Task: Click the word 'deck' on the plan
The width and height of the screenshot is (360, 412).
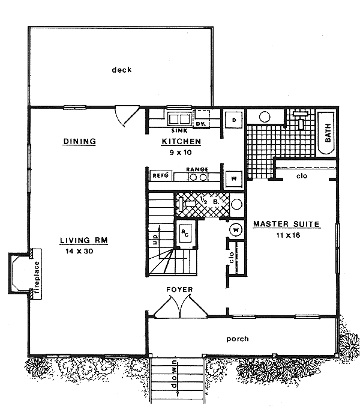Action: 121,70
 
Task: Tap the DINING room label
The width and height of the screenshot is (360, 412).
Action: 80,142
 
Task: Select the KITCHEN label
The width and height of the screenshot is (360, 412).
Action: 181,142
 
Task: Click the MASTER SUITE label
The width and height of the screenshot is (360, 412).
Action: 286,225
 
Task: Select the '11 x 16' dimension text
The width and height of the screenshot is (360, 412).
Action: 286,235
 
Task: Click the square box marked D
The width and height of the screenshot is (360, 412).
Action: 233,120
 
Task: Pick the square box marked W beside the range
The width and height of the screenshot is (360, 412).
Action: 233,178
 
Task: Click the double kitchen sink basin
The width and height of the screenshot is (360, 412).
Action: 179,118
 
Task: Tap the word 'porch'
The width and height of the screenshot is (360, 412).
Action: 237,339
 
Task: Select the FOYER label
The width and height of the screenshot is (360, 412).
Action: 179,289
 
